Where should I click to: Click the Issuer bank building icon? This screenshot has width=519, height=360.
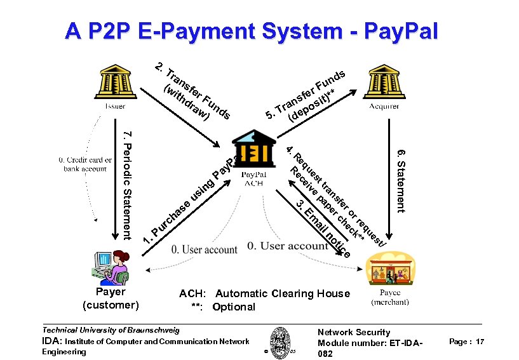(x=111, y=82)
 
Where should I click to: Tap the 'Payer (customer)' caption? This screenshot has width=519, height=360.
(x=111, y=298)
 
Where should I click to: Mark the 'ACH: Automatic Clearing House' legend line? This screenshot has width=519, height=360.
(x=264, y=293)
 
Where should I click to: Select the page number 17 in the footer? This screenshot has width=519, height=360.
(x=480, y=342)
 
